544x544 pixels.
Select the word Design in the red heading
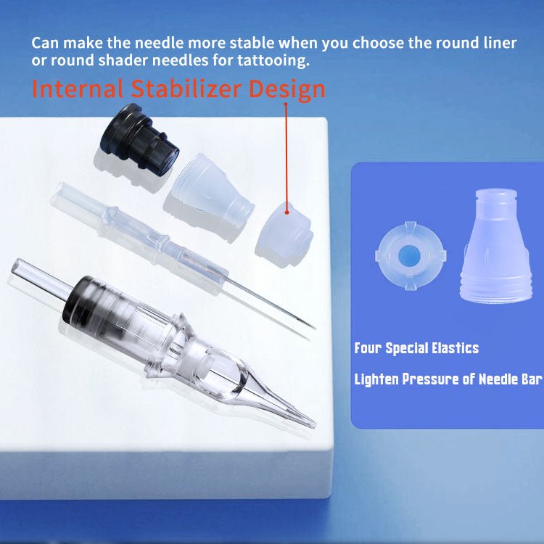coord(287,89)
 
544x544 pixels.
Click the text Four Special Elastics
coord(416,348)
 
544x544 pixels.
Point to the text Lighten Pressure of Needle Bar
coord(448,379)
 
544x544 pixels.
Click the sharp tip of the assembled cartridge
coord(312,424)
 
